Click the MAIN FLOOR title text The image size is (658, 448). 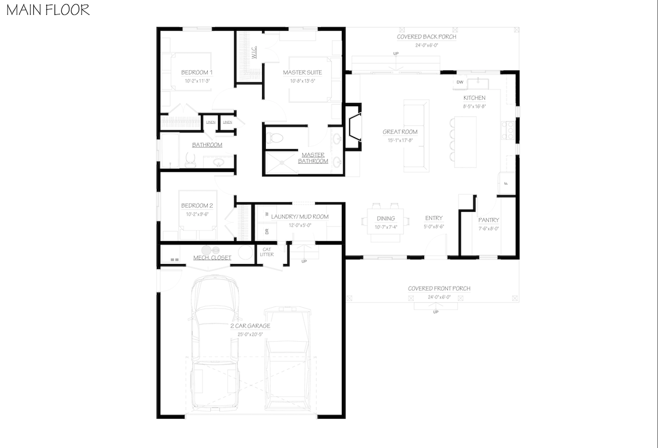tap(48, 10)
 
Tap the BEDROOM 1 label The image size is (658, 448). tap(196, 72)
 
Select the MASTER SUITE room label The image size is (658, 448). tap(302, 72)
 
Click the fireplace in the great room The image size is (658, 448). tap(354, 127)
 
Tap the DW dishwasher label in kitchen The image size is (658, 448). tap(460, 82)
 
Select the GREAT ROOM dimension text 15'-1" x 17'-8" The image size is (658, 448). tap(400, 140)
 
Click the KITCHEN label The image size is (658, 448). tap(474, 98)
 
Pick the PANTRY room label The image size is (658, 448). tap(488, 220)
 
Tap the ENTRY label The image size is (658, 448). tap(433, 218)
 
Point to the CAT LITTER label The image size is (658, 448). tap(267, 252)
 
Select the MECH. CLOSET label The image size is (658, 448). tap(212, 257)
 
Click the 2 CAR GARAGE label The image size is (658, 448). tap(250, 326)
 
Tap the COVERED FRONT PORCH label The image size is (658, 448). tap(439, 288)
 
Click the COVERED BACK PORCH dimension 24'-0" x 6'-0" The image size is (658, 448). tap(426, 45)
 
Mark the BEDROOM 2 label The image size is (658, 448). tap(196, 206)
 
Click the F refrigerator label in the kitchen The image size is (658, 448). tap(505, 183)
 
